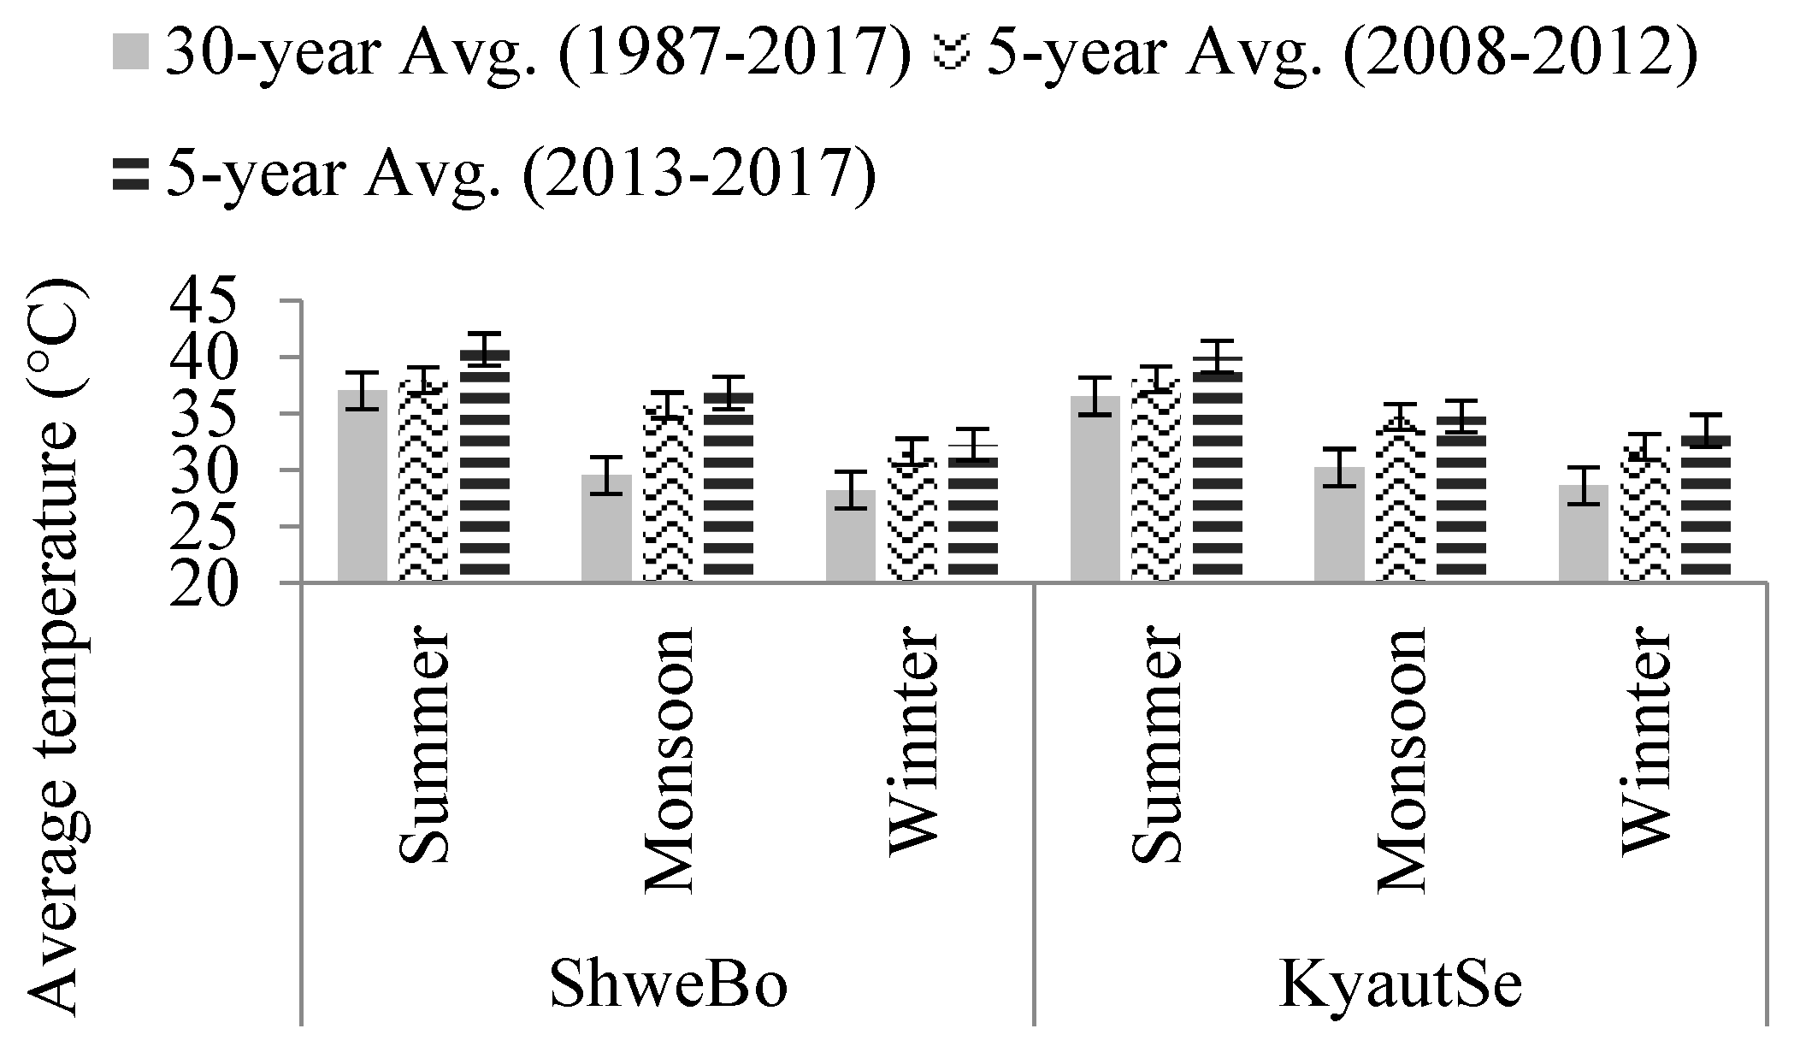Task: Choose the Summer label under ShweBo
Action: pyautogui.click(x=422, y=748)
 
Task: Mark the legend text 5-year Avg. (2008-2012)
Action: pyautogui.click(x=1340, y=53)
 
